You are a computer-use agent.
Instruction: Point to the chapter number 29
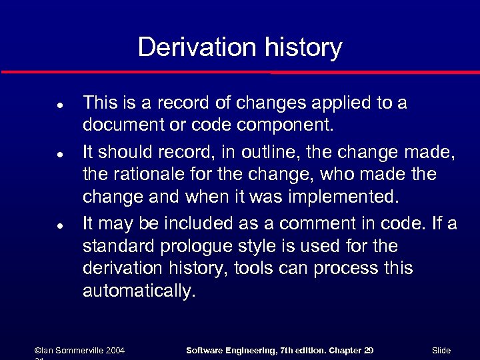(369, 350)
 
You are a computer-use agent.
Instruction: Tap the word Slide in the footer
(441, 350)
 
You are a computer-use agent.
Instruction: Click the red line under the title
(240, 71)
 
